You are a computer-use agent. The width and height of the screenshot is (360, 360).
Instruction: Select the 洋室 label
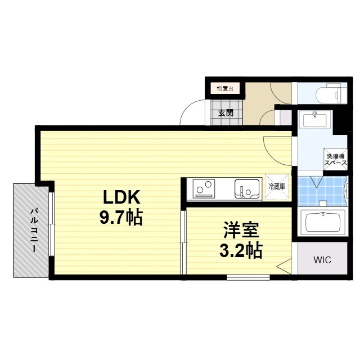(x=240, y=230)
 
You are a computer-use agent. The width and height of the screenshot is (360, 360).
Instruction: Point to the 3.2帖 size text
(x=240, y=250)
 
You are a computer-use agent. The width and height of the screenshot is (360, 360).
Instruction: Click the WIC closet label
(x=322, y=260)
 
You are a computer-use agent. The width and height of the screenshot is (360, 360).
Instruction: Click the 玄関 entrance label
(x=226, y=112)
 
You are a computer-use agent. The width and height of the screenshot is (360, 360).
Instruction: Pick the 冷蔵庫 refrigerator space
(x=277, y=187)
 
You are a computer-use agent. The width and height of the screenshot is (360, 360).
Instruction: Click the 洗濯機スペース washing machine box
(x=334, y=158)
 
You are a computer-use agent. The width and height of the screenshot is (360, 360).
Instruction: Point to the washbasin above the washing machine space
(x=314, y=119)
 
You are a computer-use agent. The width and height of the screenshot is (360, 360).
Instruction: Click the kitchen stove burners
(x=204, y=188)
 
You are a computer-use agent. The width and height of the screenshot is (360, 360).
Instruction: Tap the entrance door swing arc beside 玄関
(x=192, y=112)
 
